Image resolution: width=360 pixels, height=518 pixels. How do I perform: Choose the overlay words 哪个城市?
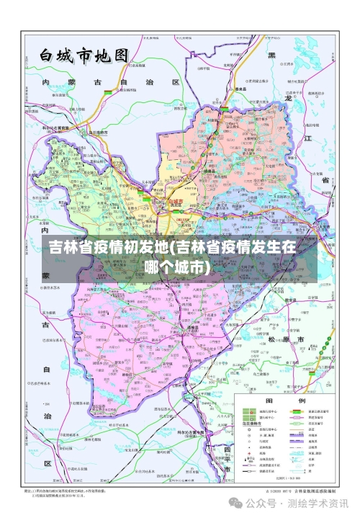coord(177,267)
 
